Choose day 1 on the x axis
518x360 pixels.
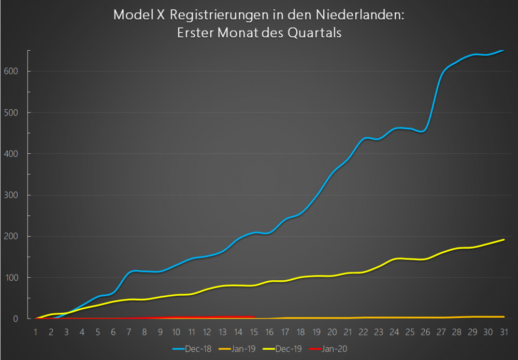click(x=35, y=332)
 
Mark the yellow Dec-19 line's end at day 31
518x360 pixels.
click(x=504, y=240)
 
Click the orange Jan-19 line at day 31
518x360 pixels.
click(x=504, y=316)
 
